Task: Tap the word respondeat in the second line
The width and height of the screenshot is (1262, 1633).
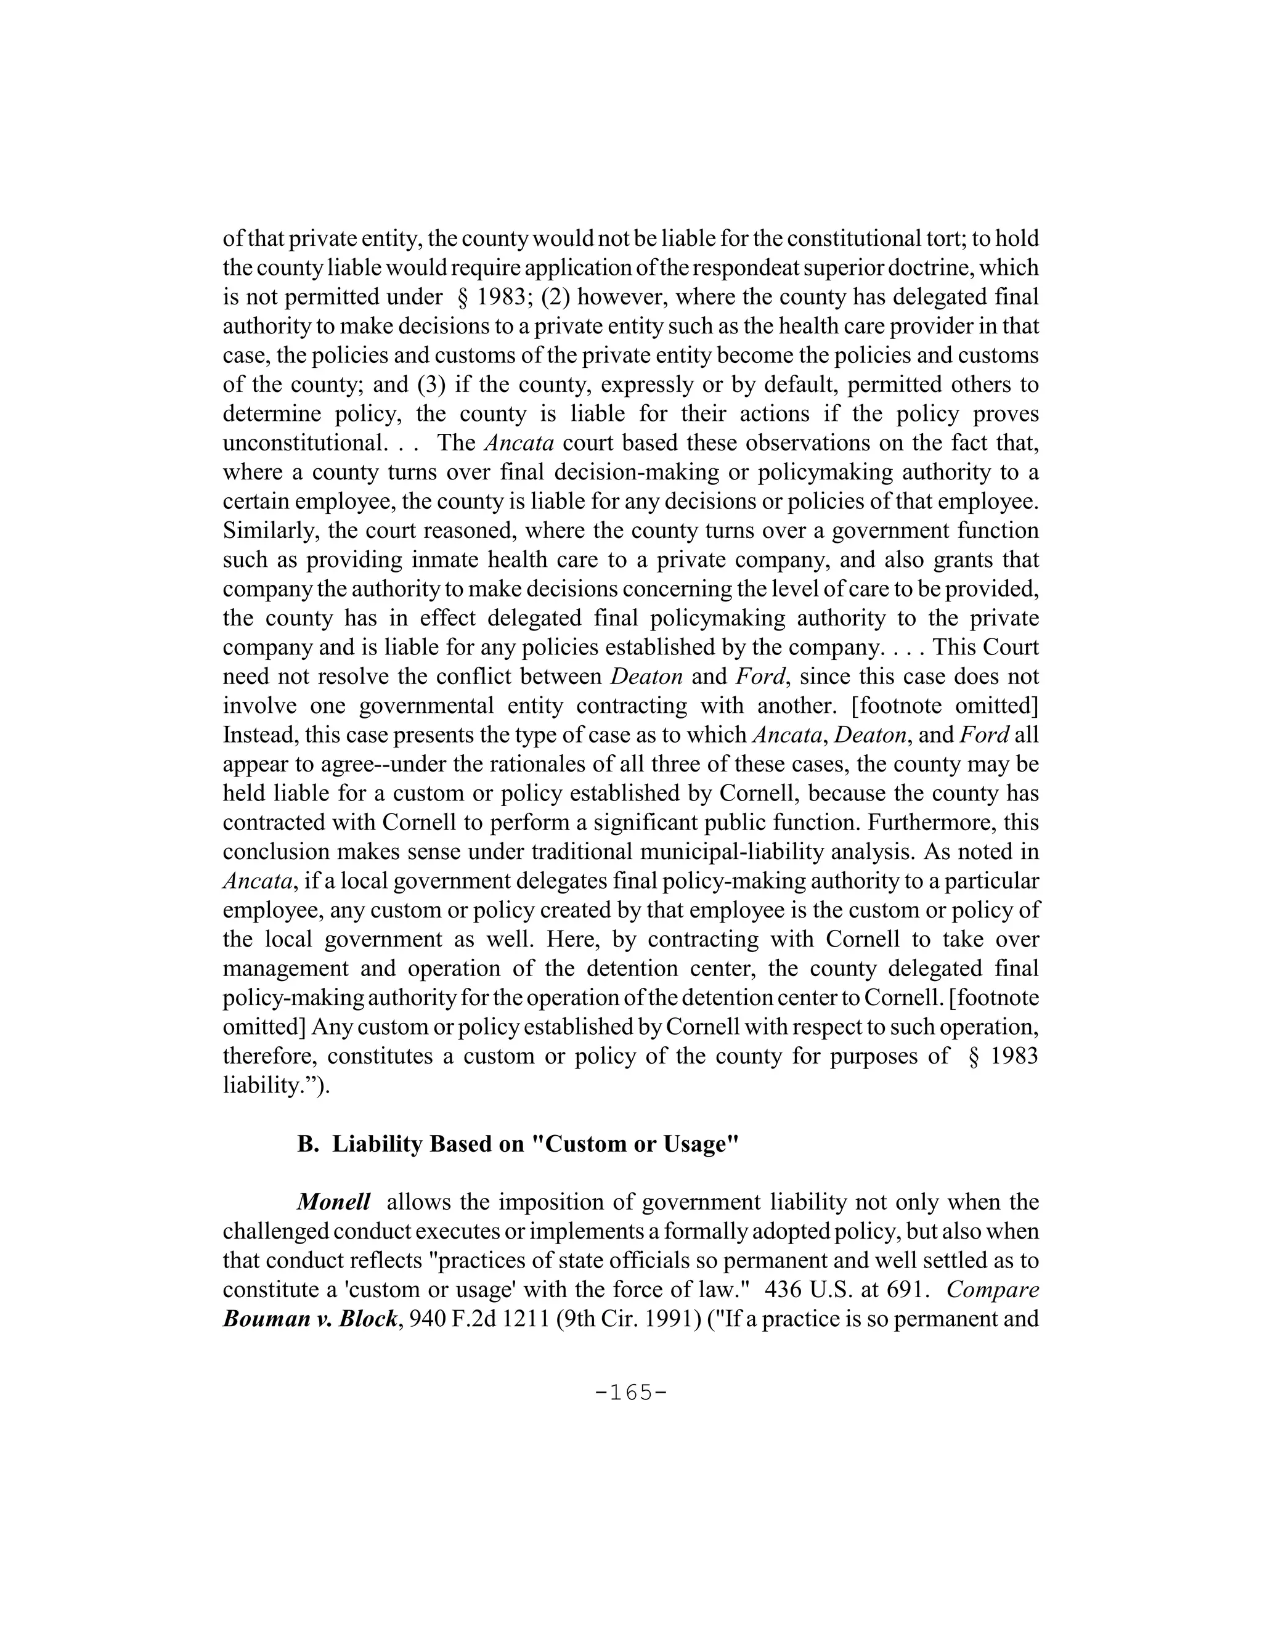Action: pyautogui.click(x=704, y=267)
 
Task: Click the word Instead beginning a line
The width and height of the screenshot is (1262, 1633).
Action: pyautogui.click(x=259, y=735)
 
